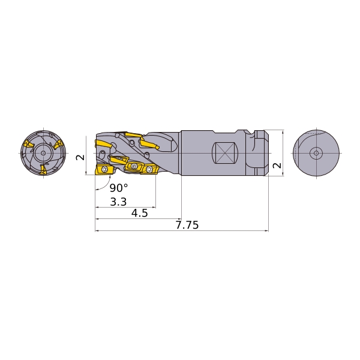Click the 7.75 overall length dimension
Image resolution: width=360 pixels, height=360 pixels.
click(x=187, y=225)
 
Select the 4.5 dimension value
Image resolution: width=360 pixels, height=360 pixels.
click(x=140, y=213)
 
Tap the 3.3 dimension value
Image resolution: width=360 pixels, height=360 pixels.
click(x=118, y=202)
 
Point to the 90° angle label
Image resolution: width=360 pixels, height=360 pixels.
click(x=119, y=188)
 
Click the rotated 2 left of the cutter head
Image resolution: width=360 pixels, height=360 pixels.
click(x=80, y=157)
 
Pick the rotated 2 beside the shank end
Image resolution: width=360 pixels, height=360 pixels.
click(x=277, y=166)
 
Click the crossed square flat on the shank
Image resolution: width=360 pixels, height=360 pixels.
click(x=225, y=153)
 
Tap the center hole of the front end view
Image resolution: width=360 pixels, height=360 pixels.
click(x=43, y=153)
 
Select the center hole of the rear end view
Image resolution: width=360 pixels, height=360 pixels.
click(x=316, y=153)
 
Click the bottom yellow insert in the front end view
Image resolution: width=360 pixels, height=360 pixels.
click(x=43, y=169)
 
